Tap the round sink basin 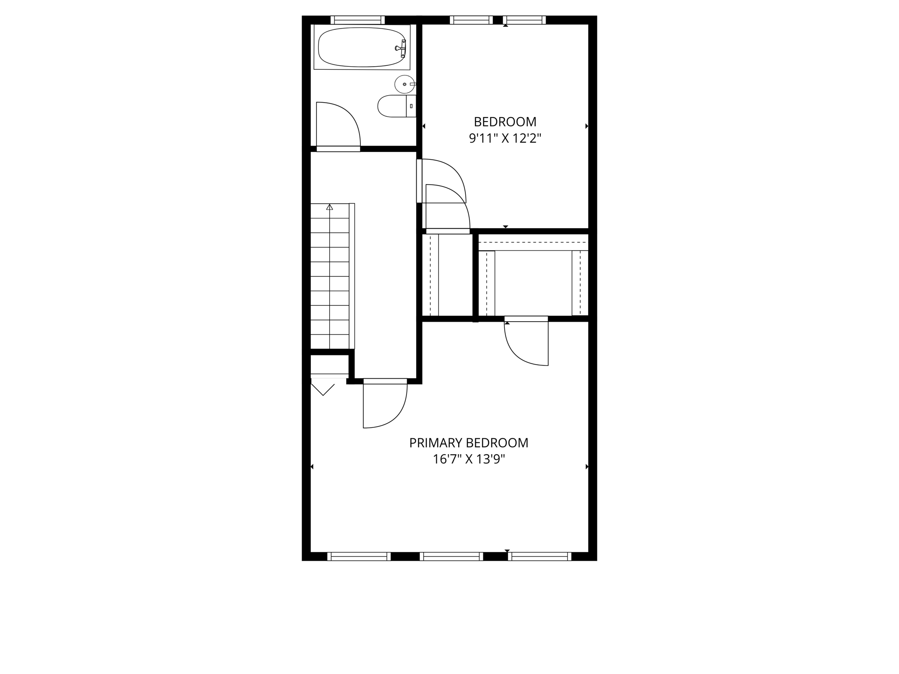(x=404, y=84)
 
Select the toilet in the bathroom (x=393, y=106)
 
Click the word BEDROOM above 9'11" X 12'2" (x=505, y=122)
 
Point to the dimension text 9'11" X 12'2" (x=505, y=139)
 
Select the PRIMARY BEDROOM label (x=468, y=443)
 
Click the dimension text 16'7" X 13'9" (x=468, y=459)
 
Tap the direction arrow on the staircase (x=330, y=207)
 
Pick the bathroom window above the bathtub (x=357, y=20)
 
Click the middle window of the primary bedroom (x=451, y=556)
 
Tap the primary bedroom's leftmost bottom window (x=359, y=556)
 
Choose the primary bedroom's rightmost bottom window (x=540, y=556)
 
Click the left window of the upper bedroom (x=471, y=20)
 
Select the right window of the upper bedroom (x=524, y=20)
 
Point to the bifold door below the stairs (x=323, y=389)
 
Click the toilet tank (x=411, y=106)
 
